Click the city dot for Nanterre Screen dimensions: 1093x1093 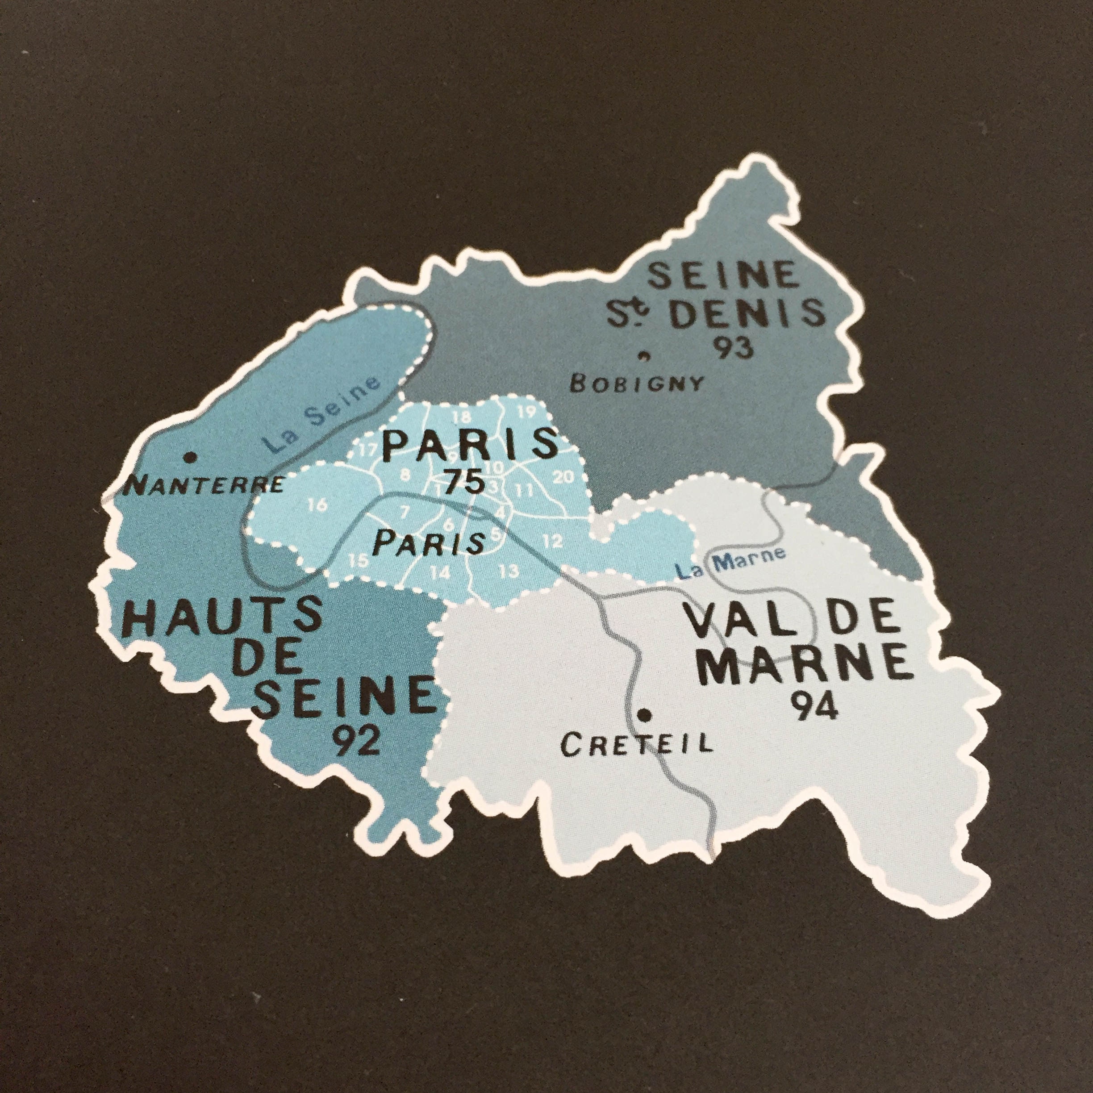191,456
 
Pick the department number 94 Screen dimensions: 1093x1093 813,707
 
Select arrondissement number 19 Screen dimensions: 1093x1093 526,411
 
